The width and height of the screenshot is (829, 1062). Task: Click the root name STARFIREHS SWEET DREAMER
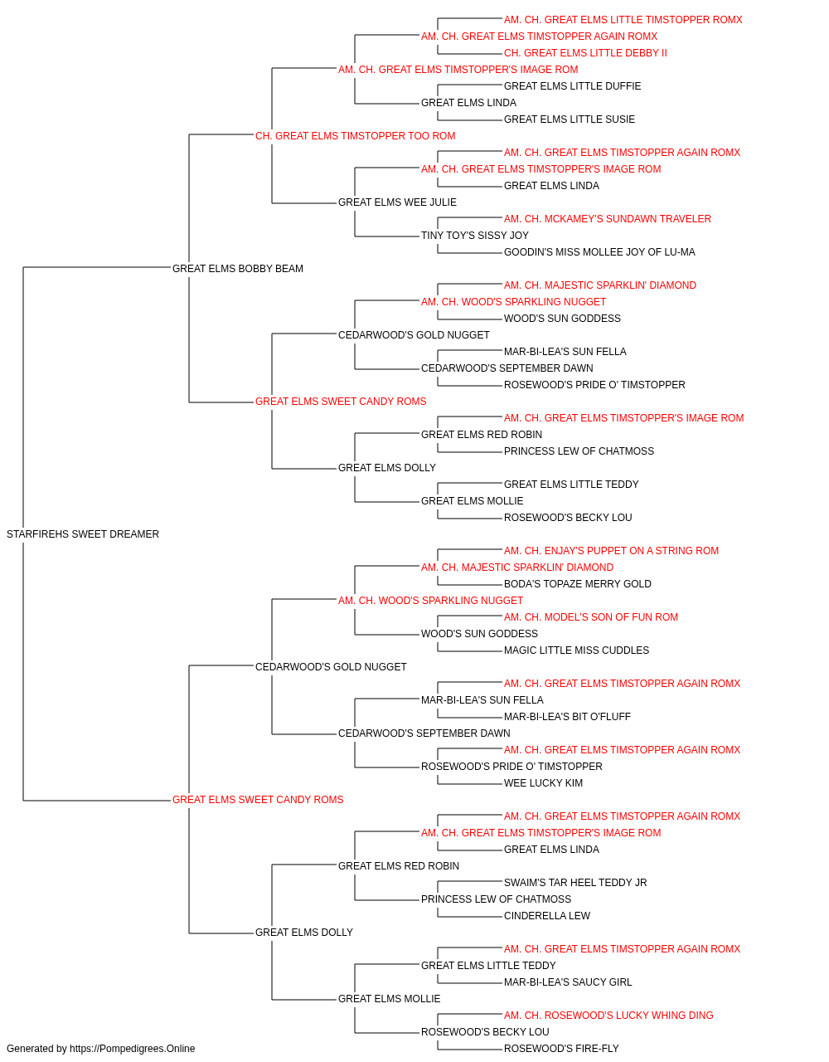(x=83, y=534)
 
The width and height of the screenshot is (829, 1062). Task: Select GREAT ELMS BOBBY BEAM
(x=238, y=269)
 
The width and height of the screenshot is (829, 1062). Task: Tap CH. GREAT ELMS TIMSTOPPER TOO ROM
(x=356, y=136)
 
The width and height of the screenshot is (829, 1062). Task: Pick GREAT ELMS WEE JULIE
(x=397, y=202)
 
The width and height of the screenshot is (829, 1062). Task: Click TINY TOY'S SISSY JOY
(x=475, y=236)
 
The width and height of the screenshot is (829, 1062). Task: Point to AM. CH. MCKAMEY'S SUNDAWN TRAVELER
(x=608, y=219)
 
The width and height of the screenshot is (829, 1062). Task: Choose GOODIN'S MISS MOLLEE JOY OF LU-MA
(x=599, y=252)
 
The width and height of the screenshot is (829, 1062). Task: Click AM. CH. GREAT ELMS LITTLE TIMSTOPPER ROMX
(x=623, y=20)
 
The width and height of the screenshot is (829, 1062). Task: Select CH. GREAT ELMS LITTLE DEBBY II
(x=586, y=53)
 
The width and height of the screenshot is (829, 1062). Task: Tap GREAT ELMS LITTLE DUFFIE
(x=573, y=86)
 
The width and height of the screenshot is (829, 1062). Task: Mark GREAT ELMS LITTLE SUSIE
(x=570, y=119)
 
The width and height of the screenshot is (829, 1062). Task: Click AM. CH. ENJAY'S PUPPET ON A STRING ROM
(x=612, y=551)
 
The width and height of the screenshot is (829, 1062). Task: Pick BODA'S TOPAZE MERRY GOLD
(x=578, y=584)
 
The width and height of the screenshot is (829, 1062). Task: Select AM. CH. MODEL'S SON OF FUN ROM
(x=591, y=617)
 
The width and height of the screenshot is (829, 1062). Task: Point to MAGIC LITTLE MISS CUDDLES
(x=577, y=650)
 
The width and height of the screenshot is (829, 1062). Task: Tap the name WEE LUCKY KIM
(x=543, y=783)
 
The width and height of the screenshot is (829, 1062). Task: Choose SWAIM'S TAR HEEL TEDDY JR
(x=575, y=883)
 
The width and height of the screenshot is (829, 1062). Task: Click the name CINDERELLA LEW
(x=547, y=916)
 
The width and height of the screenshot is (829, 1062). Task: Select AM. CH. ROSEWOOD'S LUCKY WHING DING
(x=608, y=1016)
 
